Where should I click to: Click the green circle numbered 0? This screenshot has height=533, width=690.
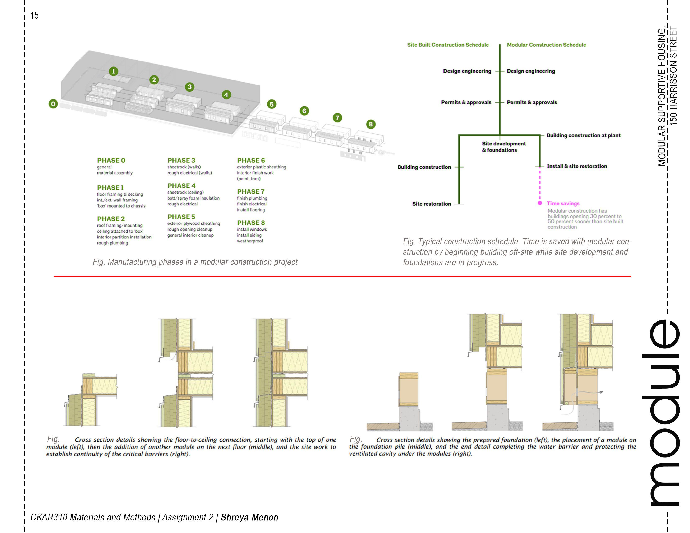[53, 104]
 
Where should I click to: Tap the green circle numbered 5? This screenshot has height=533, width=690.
[271, 104]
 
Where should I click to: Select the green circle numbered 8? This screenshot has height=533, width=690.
[371, 124]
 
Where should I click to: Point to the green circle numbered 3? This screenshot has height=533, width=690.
[190, 87]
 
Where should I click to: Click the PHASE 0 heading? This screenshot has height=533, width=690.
[111, 160]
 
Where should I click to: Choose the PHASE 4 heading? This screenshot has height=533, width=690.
[181, 186]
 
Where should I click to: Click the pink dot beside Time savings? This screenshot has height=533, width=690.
[540, 203]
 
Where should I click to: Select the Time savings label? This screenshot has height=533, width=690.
[563, 203]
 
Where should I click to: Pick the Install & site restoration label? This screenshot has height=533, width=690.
[577, 166]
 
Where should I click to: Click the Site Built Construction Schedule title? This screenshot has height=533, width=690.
[448, 45]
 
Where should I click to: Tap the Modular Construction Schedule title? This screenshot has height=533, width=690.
[546, 45]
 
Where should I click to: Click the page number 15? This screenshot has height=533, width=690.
[34, 15]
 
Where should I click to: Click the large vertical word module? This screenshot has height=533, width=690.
[662, 414]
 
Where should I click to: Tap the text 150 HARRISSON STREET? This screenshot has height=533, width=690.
[673, 76]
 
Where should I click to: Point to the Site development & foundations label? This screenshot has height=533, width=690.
[504, 147]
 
